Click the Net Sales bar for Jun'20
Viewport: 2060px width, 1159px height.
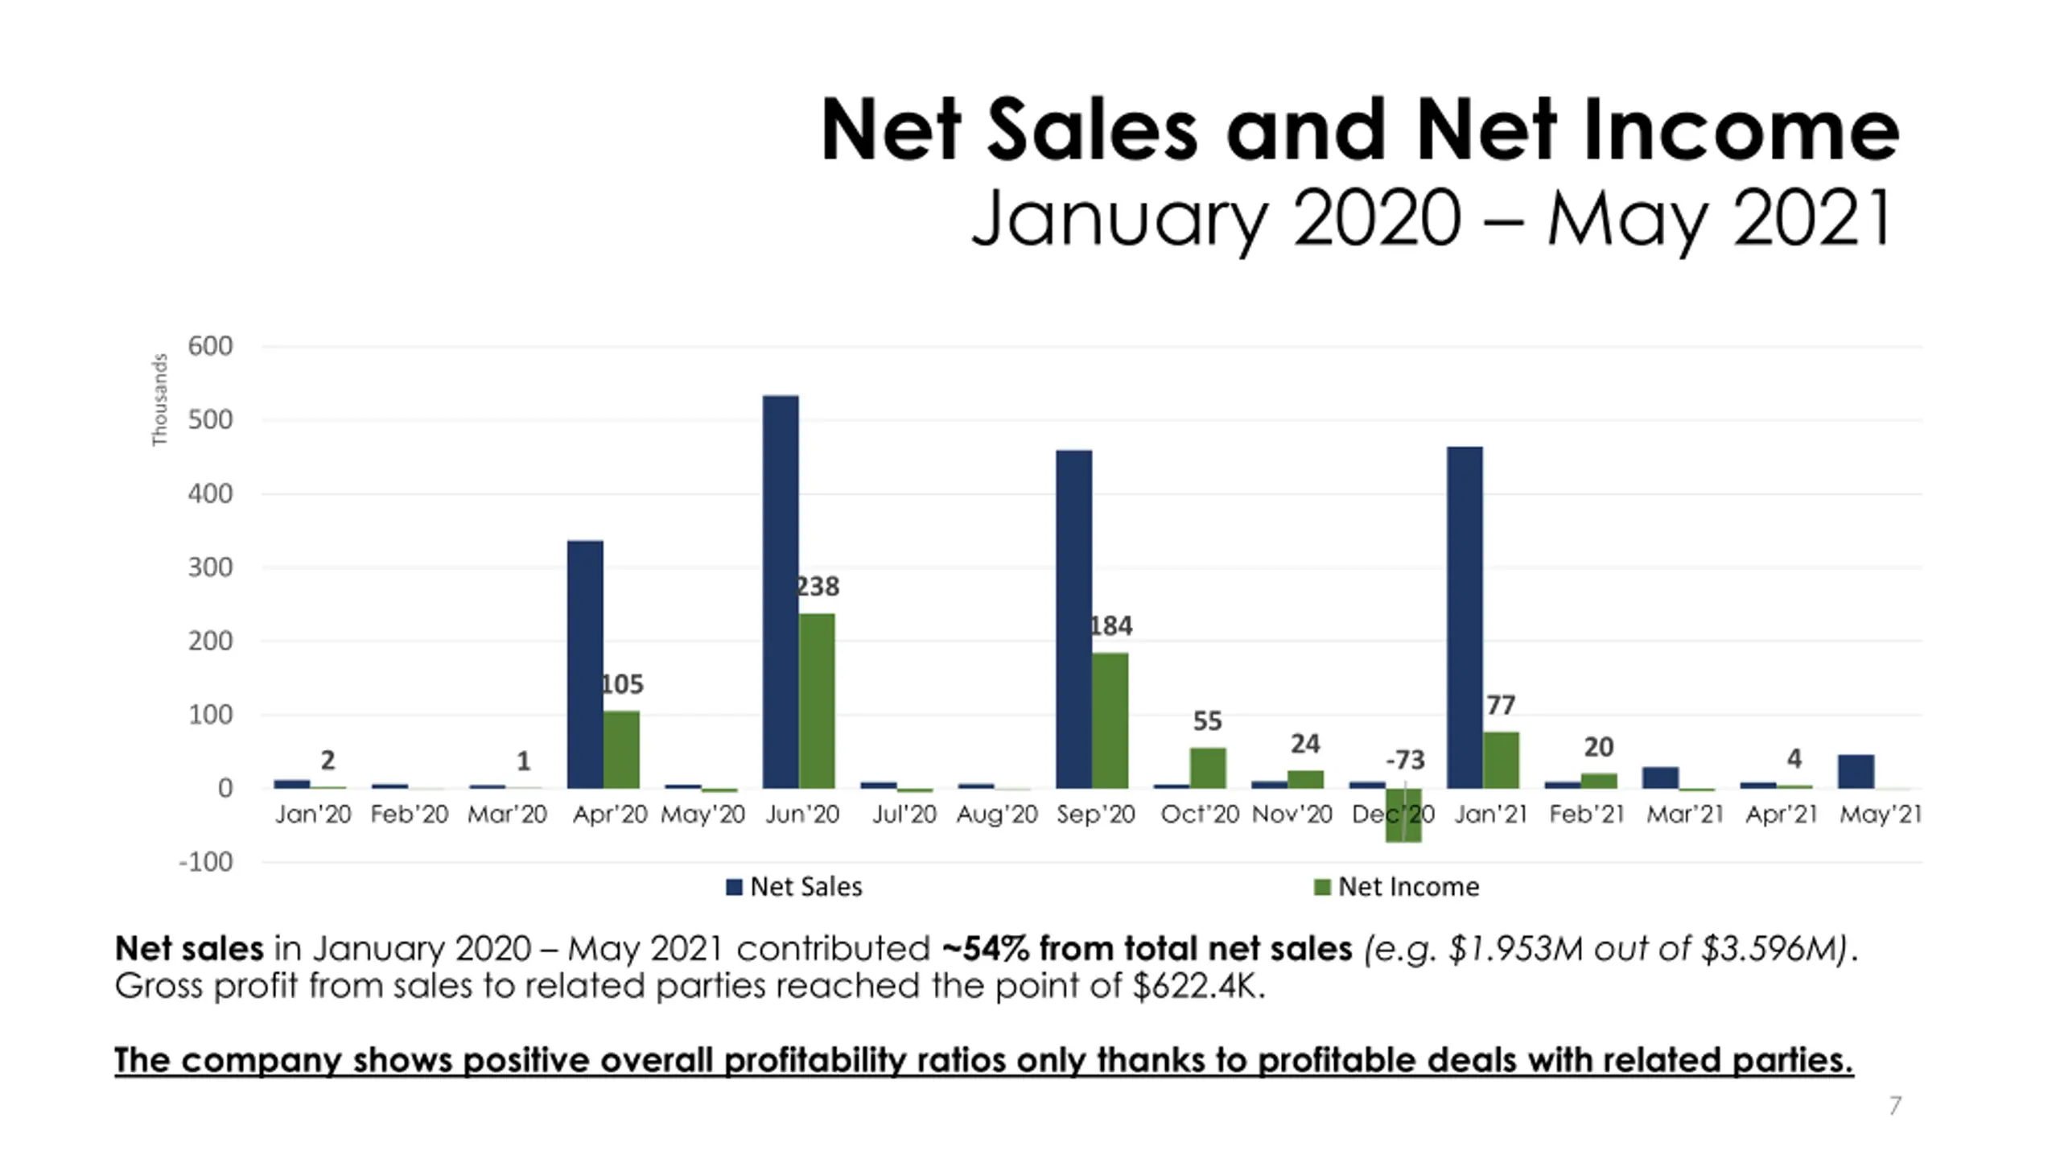[781, 592]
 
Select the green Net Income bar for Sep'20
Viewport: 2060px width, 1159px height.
[1110, 720]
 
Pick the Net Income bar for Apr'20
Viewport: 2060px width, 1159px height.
[621, 749]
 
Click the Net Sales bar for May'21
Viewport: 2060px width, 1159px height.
[1856, 771]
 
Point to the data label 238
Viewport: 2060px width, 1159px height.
[818, 587]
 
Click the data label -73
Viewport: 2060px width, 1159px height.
[1405, 760]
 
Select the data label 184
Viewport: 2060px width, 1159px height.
[1110, 626]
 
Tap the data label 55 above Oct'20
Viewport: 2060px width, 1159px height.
[1207, 721]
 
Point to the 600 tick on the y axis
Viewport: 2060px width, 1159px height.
[210, 346]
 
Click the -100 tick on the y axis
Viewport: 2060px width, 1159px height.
[205, 862]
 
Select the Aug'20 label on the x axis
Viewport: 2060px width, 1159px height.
[997, 815]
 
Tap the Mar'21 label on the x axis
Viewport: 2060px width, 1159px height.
[1685, 815]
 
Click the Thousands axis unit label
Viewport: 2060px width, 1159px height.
[160, 399]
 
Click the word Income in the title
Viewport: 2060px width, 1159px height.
[1741, 130]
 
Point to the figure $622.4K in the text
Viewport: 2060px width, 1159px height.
[1197, 986]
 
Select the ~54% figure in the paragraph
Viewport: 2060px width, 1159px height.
[985, 948]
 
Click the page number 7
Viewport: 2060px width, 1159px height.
[1895, 1105]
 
